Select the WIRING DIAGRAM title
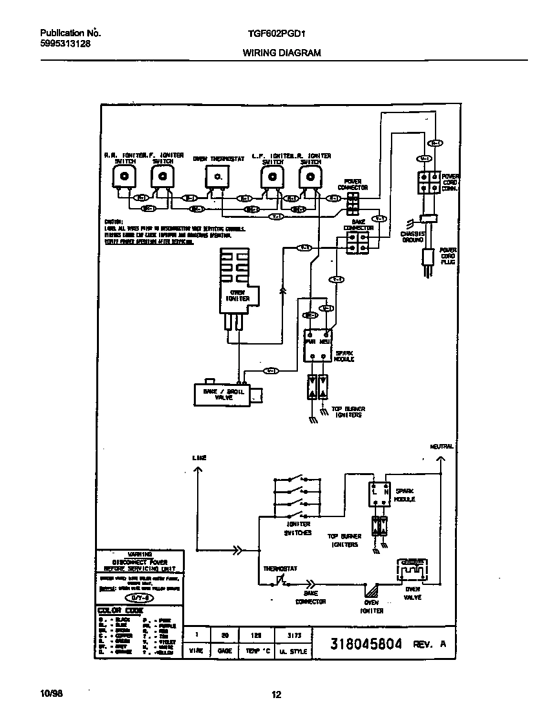[x=281, y=53]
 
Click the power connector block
[x=353, y=203]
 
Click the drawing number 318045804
[x=366, y=644]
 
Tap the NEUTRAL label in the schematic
[x=441, y=447]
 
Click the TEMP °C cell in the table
[x=257, y=651]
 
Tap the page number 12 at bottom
[x=276, y=695]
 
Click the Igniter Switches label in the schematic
[x=298, y=528]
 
